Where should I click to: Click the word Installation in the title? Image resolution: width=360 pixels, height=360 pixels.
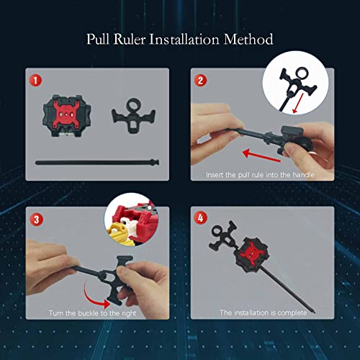click(184, 40)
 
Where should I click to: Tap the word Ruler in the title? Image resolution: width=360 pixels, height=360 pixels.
click(130, 40)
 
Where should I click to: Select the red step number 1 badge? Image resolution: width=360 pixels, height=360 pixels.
click(36, 81)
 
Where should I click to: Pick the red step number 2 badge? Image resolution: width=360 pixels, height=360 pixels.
click(200, 81)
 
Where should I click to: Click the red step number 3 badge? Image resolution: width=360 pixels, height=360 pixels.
click(36, 220)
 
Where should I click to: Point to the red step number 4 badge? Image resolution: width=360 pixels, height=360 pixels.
click(200, 218)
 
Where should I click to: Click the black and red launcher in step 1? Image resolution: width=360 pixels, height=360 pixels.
click(67, 115)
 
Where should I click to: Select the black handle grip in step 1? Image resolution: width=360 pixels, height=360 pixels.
click(133, 115)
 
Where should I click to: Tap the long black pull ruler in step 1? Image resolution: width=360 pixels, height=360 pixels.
click(97, 163)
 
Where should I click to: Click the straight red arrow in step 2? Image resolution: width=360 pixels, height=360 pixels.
click(261, 156)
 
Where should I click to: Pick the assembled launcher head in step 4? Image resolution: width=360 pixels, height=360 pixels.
click(250, 255)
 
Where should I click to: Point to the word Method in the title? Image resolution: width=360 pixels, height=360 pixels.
click(248, 40)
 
